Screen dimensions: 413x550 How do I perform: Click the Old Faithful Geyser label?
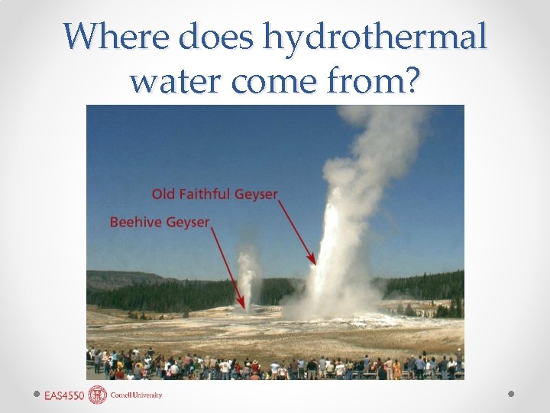point(215,194)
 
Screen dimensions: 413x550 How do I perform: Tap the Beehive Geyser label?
point(160,222)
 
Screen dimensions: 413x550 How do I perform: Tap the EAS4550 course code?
point(64,395)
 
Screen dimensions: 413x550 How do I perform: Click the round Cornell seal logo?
point(98,395)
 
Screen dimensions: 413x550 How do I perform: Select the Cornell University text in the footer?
point(137,395)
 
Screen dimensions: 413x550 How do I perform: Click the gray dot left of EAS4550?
point(37,395)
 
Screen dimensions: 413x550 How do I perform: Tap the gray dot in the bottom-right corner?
point(512,395)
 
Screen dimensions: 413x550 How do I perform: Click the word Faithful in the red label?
point(204,194)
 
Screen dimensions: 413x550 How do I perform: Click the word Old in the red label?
point(163,194)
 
